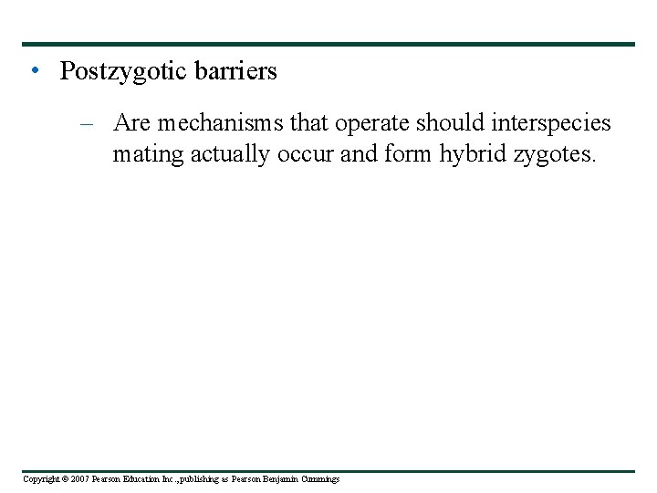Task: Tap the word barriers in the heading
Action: [235, 71]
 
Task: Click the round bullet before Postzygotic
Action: [34, 71]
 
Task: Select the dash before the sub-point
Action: [86, 123]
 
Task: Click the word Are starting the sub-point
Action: [132, 123]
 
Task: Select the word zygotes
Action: [553, 155]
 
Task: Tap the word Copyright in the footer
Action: [40, 479]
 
